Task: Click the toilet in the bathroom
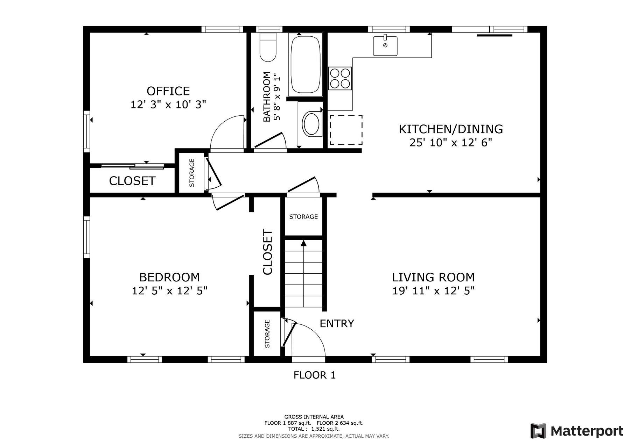pyautogui.click(x=268, y=47)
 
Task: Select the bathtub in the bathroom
pyautogui.click(x=306, y=65)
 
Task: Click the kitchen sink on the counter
pyautogui.click(x=385, y=46)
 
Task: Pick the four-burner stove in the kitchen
pyautogui.click(x=340, y=78)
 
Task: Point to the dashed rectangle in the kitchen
pyautogui.click(x=346, y=130)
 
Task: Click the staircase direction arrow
pyautogui.click(x=303, y=243)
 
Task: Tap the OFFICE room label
pyautogui.click(x=168, y=91)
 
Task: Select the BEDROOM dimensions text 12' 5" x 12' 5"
pyautogui.click(x=170, y=290)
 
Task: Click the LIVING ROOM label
pyautogui.click(x=433, y=277)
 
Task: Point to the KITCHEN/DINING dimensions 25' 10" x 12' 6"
pyautogui.click(x=451, y=143)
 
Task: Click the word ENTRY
pyautogui.click(x=337, y=324)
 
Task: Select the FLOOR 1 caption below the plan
pyautogui.click(x=315, y=375)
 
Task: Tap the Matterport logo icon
pyautogui.click(x=538, y=431)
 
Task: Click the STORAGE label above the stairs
pyautogui.click(x=303, y=217)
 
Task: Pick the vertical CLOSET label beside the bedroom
pyautogui.click(x=267, y=252)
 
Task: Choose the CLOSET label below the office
pyautogui.click(x=132, y=181)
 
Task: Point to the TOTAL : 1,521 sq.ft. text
pyautogui.click(x=314, y=429)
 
